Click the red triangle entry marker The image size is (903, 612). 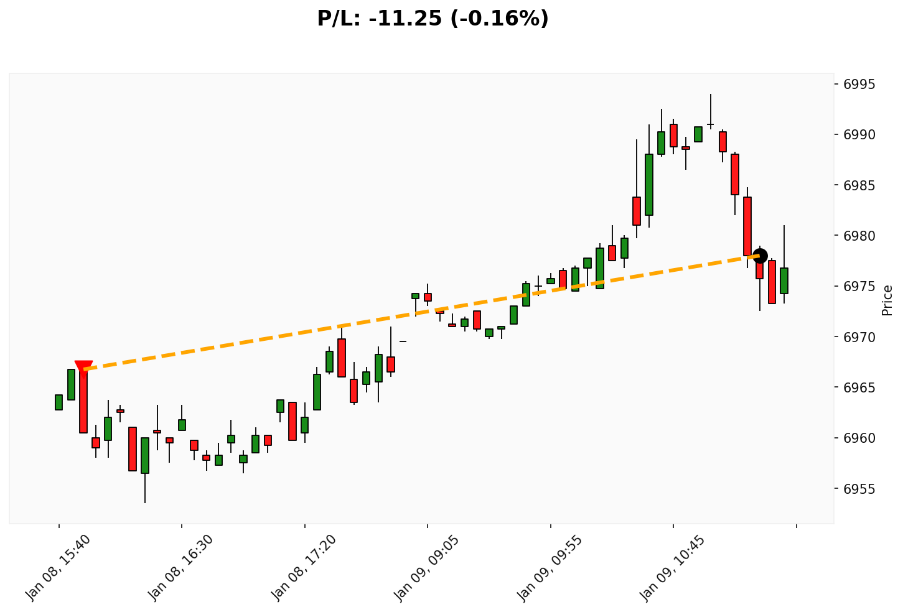tap(83, 368)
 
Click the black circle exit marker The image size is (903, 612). tap(759, 255)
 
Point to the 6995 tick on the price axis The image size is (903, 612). tap(859, 85)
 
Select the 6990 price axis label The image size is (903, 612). tap(859, 135)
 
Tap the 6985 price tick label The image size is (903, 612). tap(859, 185)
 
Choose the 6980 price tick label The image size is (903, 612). tap(859, 236)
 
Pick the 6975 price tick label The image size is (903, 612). tap(859, 287)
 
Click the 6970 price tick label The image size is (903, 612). tap(859, 337)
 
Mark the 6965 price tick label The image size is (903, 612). tap(859, 387)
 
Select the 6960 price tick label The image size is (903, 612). tap(859, 438)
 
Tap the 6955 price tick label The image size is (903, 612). tap(859, 489)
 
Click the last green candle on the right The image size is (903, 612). tap(784, 280)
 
